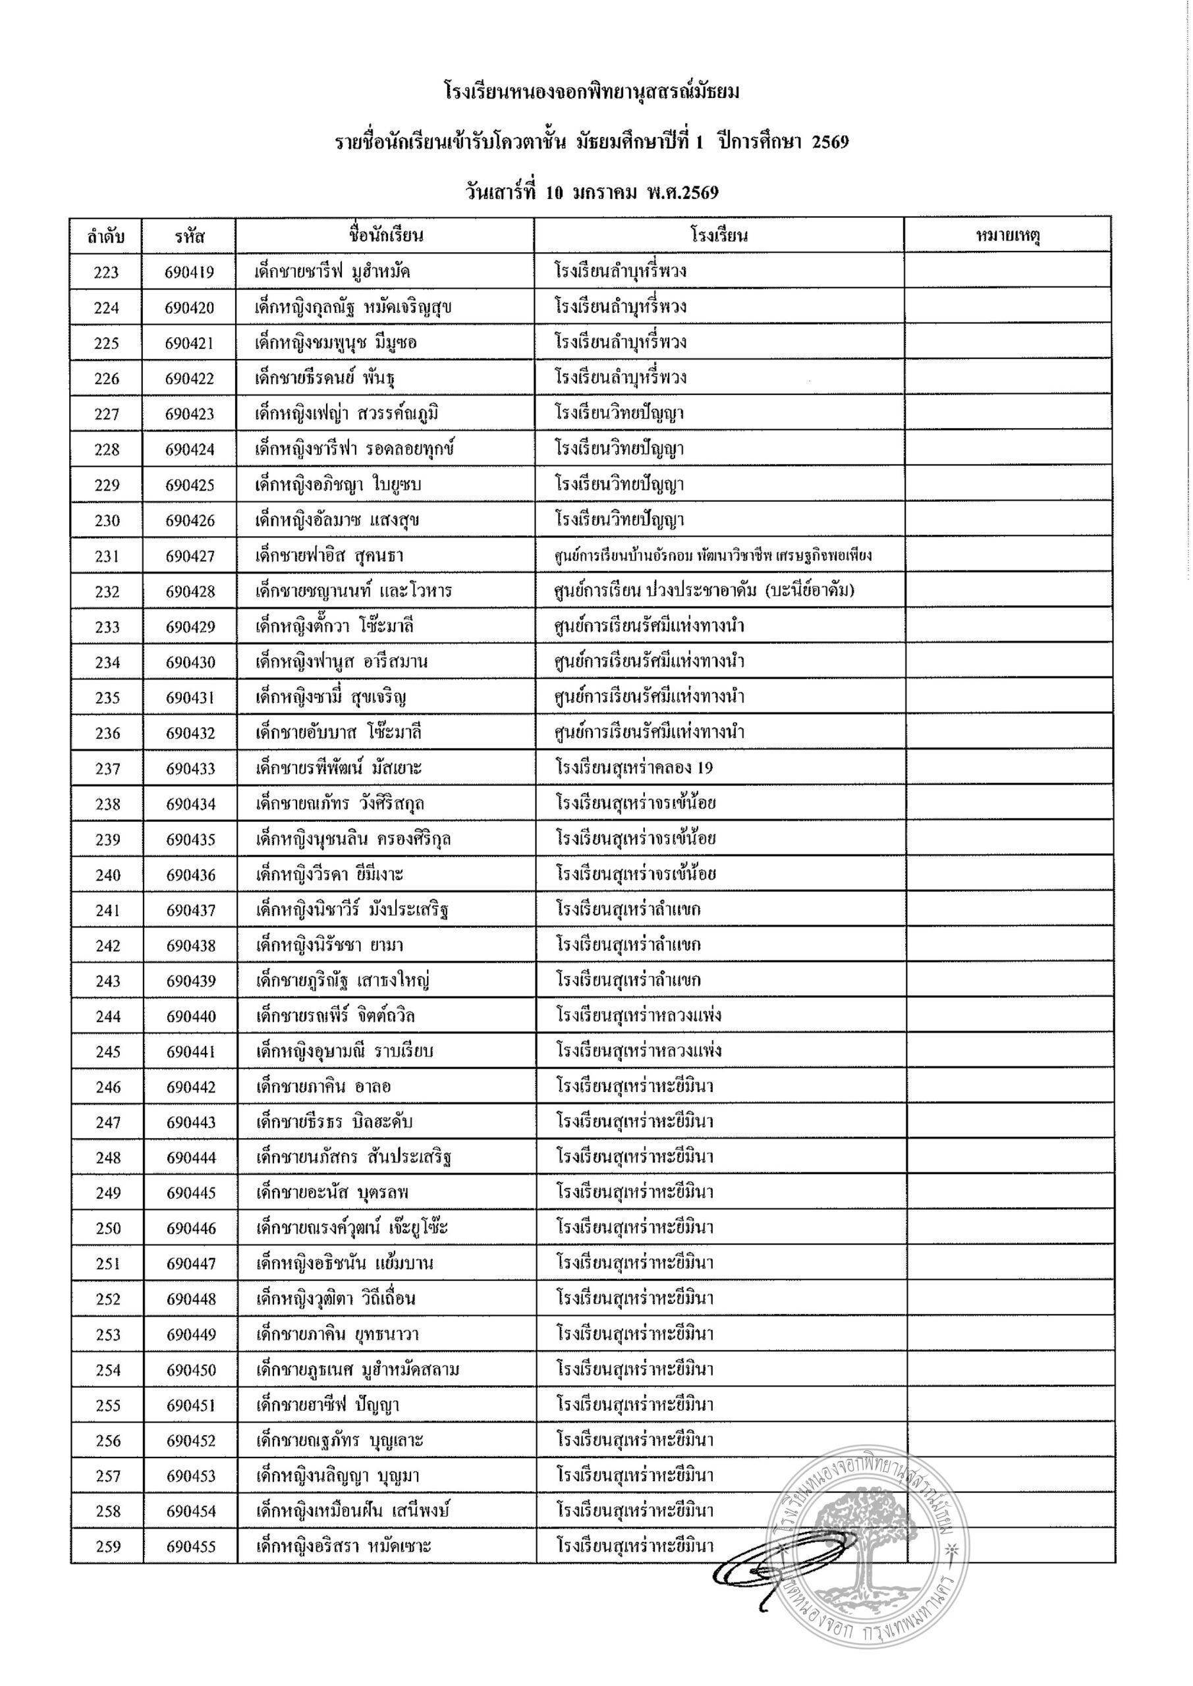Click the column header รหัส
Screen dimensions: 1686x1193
(x=190, y=236)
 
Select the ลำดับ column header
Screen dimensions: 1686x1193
(x=106, y=236)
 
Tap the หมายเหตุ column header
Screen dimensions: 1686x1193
(x=1007, y=236)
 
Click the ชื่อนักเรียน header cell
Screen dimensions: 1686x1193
(x=385, y=236)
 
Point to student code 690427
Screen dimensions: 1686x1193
(x=190, y=556)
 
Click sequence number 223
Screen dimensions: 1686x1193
(x=106, y=273)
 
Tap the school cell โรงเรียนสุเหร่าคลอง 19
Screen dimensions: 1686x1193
(x=634, y=768)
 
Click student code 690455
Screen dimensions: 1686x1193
(x=190, y=1546)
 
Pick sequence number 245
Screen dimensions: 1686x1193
(x=107, y=1052)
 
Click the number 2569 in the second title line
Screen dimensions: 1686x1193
(x=830, y=142)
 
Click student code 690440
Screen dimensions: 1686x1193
(x=190, y=1016)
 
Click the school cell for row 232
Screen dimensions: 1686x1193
(x=704, y=591)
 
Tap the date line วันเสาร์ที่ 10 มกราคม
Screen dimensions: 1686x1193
(x=592, y=192)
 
